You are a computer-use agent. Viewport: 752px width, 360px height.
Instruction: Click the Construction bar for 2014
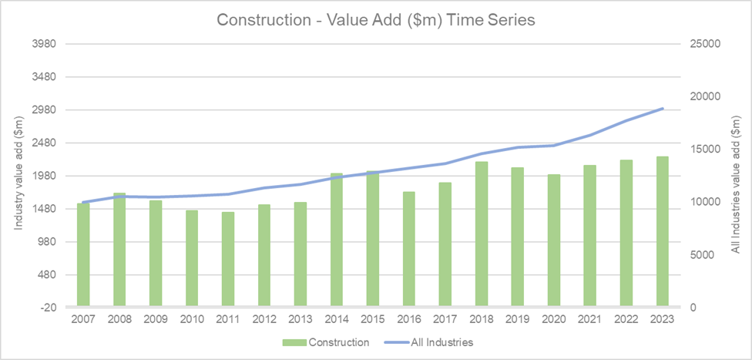tap(337, 240)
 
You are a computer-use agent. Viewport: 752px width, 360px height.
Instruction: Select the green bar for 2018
tap(482, 234)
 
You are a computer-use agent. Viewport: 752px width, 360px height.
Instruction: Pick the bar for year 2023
tap(663, 231)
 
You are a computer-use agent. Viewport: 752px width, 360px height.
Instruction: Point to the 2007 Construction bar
tap(83, 254)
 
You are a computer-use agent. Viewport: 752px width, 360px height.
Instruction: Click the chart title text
tap(376, 20)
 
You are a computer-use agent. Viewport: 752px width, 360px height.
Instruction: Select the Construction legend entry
tap(326, 341)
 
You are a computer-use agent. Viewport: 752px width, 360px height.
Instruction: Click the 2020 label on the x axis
tap(554, 319)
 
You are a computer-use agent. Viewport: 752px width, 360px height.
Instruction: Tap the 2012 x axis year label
tap(264, 319)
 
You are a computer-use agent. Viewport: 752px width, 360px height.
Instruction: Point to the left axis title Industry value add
tap(18, 175)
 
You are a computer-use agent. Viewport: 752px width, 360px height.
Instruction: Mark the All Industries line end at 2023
tap(663, 109)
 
